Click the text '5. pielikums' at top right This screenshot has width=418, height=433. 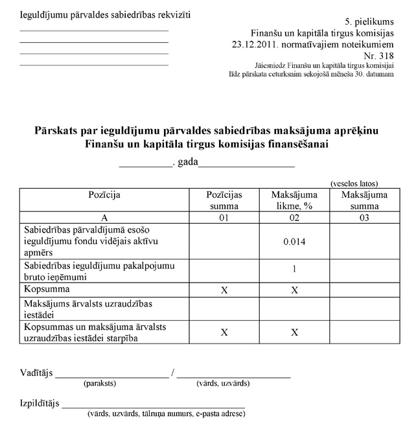coord(370,22)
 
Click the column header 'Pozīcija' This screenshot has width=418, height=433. coord(104,194)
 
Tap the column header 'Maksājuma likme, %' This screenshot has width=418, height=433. coord(294,200)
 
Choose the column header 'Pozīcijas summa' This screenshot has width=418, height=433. coord(224,200)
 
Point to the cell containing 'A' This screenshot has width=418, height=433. coord(104,218)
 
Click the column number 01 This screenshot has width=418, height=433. coord(224,218)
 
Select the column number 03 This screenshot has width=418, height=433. coord(364,218)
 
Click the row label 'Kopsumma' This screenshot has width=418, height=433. coord(46,287)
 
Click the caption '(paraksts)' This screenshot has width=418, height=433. coord(100,383)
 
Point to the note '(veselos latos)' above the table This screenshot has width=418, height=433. coord(354,183)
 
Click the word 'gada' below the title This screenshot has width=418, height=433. coord(187,161)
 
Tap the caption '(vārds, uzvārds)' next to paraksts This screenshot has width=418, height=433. coord(223,383)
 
